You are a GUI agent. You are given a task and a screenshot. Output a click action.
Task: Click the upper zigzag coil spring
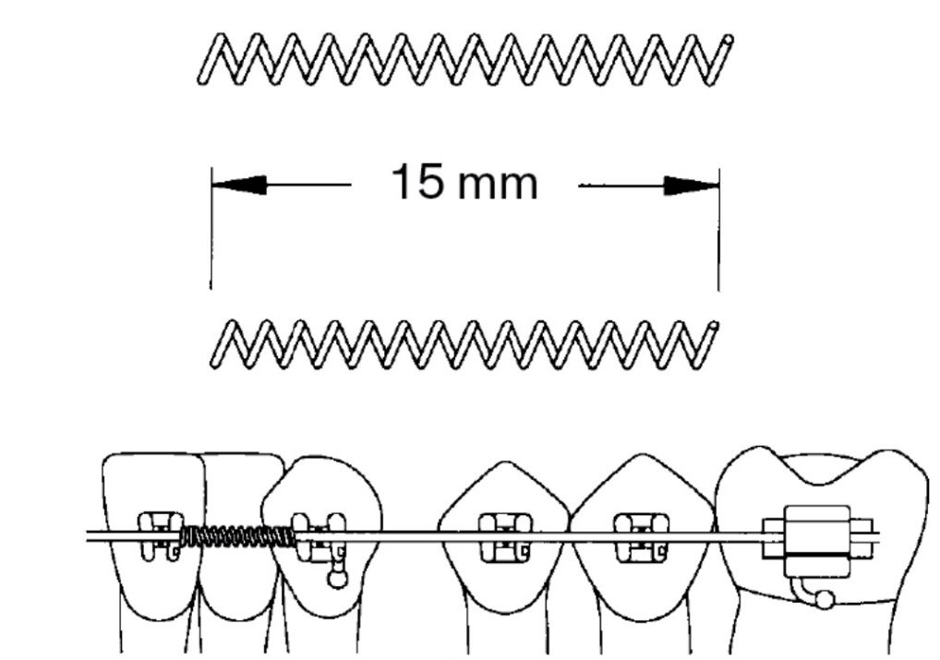pos(462,61)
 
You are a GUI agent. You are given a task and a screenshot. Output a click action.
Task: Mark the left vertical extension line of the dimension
pos(211,240)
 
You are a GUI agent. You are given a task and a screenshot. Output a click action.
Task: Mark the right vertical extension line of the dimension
pos(719,240)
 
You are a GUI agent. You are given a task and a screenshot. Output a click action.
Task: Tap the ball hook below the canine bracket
pos(338,580)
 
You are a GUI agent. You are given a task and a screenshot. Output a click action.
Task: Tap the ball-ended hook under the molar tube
pos(823,600)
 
